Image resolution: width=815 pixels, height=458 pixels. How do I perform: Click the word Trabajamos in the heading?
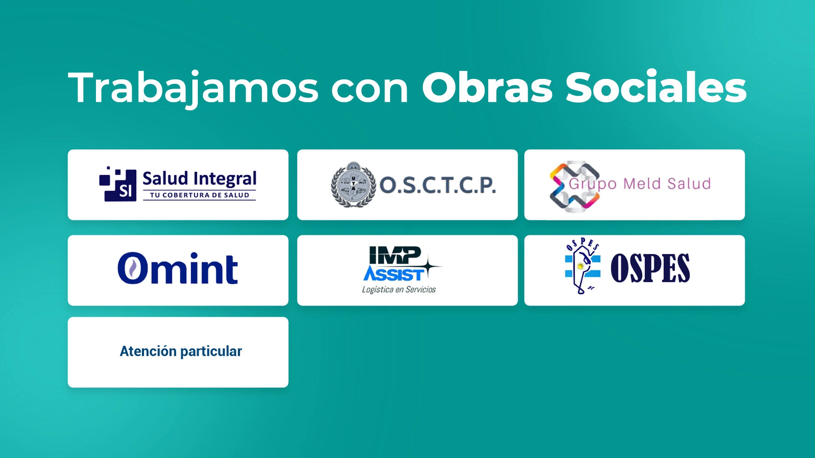pos(194,88)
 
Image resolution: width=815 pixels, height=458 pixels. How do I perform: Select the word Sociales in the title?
pos(656,87)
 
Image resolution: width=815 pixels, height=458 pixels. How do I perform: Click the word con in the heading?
pos(369,91)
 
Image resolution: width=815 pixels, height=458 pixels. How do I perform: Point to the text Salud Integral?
pos(200,179)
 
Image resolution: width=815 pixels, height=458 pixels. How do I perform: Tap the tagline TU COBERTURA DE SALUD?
pos(200,195)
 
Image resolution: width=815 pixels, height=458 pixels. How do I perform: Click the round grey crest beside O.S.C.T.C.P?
pos(353,184)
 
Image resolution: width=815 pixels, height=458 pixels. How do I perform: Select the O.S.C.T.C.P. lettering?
pos(438,185)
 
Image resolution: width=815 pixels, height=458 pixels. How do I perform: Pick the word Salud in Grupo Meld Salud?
pos(689,184)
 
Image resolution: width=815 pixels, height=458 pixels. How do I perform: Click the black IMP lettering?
pos(395,255)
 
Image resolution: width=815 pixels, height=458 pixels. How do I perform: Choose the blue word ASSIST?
pos(393,274)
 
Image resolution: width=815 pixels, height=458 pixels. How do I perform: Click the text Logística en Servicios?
pos(399,290)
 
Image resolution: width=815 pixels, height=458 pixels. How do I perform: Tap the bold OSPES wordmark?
pos(650,268)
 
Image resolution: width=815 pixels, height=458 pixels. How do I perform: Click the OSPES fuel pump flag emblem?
pos(582,266)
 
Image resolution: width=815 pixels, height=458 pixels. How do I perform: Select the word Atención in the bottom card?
pos(148,351)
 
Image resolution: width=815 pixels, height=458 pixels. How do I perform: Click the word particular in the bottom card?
pos(211,352)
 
